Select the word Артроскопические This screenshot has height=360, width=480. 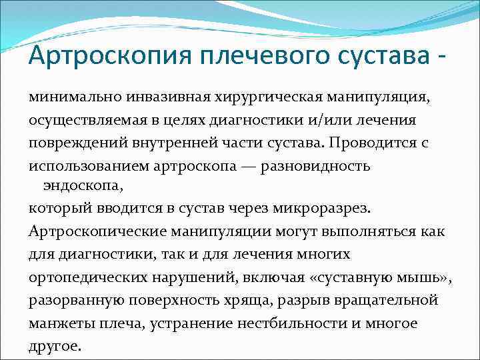coord(94,232)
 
